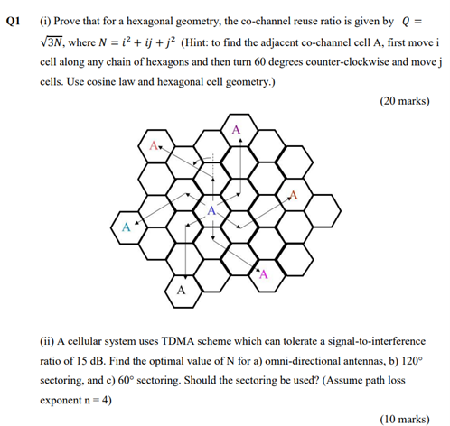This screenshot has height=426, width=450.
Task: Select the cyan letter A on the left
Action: click(126, 227)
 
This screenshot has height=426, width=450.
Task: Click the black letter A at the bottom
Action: click(181, 290)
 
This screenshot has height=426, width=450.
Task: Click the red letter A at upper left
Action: click(155, 145)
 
